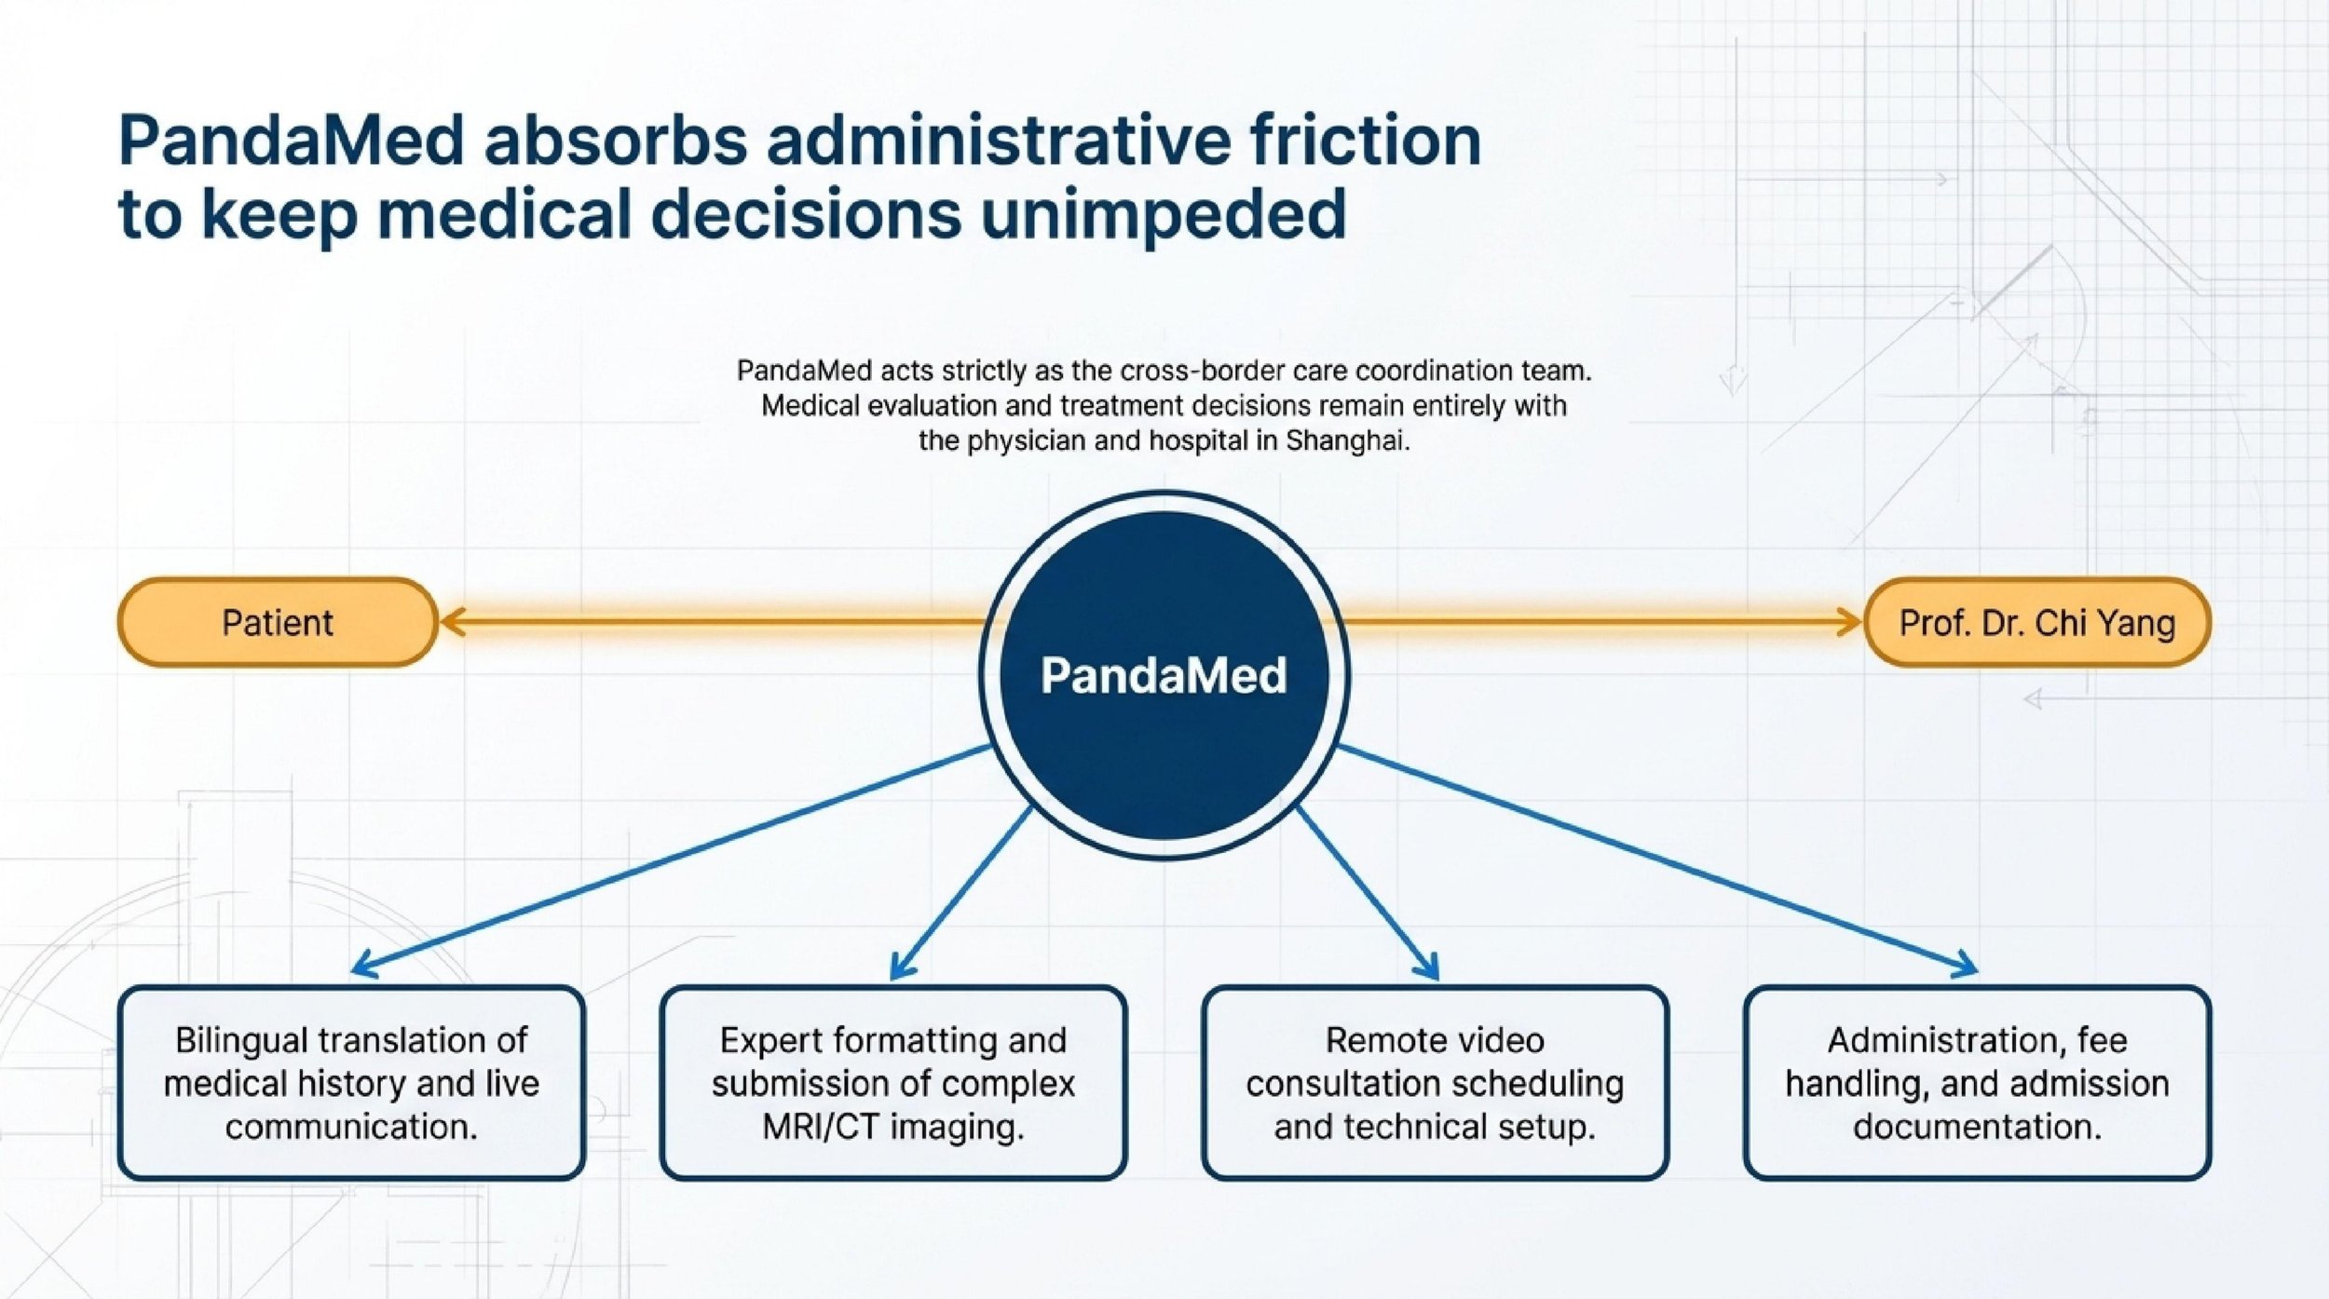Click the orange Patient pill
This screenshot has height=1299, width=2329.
coord(277,622)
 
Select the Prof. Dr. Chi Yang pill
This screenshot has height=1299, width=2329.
coord(2036,622)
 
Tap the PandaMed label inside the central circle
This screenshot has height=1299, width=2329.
coord(1164,675)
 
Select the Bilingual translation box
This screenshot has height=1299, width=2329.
coord(351,1083)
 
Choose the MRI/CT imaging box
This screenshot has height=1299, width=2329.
coord(892,1083)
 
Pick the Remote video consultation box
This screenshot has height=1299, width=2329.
coord(1435,1083)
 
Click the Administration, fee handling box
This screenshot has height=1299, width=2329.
coord(1977,1083)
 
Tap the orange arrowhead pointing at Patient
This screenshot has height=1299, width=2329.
coord(451,621)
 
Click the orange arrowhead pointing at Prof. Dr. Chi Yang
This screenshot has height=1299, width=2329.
coord(1850,621)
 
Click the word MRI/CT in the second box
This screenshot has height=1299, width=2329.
coord(820,1127)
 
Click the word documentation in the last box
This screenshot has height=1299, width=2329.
coord(1977,1127)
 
